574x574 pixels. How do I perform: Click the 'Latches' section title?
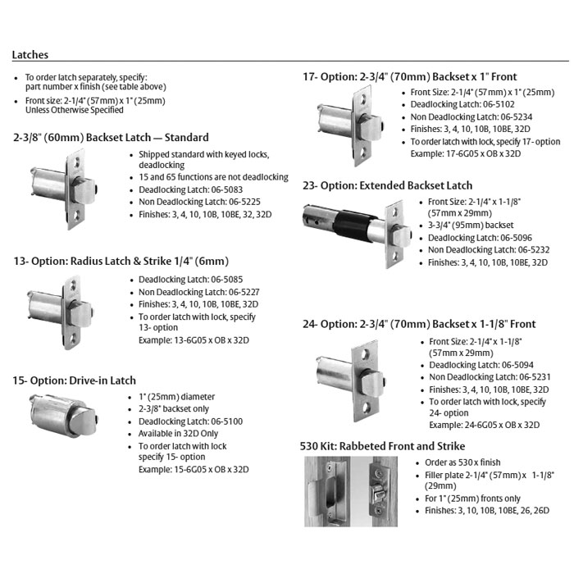[30, 55]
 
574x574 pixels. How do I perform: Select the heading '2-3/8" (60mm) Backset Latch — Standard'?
[111, 138]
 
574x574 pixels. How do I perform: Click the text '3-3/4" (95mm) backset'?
[471, 225]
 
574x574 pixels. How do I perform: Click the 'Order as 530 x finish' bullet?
[463, 462]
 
